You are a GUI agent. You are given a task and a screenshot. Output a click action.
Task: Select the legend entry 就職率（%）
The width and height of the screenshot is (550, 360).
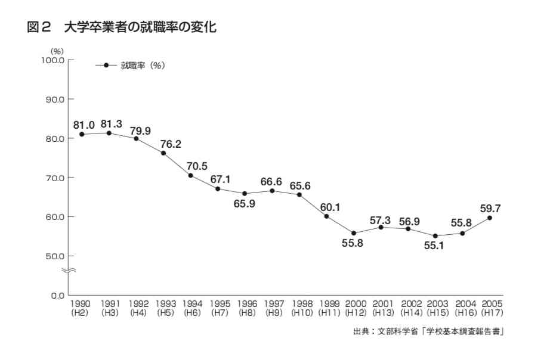point(142,66)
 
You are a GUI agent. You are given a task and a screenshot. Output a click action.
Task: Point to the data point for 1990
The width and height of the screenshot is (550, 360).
point(82,134)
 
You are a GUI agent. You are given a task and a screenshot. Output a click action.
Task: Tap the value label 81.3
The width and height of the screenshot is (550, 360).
point(112,124)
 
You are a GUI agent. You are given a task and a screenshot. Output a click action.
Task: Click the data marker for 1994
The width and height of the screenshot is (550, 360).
point(191,175)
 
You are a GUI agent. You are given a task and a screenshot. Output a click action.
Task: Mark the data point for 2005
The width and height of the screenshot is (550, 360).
point(490,218)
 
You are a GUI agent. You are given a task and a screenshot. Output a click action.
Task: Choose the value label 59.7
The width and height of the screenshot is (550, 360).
point(490,208)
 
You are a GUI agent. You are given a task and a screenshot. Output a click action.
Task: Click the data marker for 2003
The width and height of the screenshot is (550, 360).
point(435,236)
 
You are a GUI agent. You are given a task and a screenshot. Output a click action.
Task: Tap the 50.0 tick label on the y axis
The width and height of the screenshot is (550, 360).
point(55,256)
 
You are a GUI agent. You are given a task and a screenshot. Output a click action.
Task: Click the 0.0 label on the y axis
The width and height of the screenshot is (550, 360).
point(57,296)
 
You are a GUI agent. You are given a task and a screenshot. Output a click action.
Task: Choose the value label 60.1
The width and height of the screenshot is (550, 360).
point(330,207)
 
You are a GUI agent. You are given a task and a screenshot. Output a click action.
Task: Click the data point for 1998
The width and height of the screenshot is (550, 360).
point(299,195)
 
